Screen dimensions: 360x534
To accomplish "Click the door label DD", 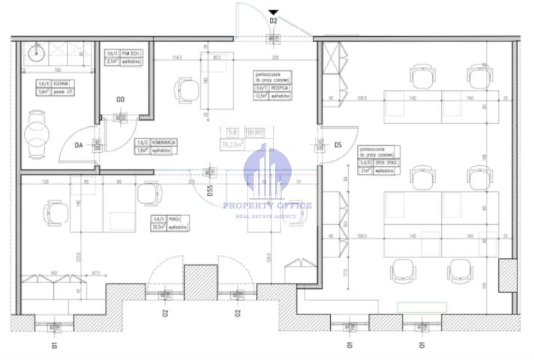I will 120,99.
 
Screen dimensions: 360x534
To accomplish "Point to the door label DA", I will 79,147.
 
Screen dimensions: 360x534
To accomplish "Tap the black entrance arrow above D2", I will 274,12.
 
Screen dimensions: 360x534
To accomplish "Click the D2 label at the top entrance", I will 274,22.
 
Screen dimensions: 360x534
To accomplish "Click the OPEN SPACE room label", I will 378,166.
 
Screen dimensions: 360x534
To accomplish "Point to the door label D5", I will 338,145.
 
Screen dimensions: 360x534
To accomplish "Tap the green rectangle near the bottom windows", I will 421,307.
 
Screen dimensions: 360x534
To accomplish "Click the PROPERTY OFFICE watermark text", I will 266,205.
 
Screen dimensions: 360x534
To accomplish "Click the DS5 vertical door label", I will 210,196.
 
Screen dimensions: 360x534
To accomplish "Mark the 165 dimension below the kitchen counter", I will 55,69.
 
